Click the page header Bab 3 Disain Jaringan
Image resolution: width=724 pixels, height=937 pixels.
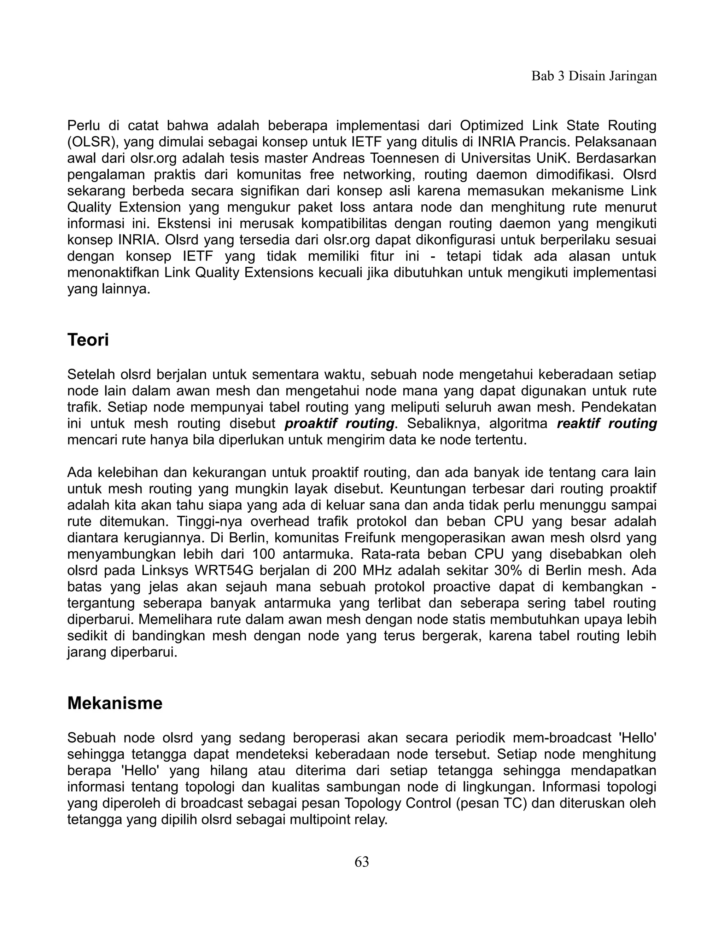click(x=594, y=76)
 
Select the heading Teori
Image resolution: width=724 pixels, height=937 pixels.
click(x=88, y=340)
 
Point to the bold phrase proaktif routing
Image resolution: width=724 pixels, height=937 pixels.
click(x=339, y=424)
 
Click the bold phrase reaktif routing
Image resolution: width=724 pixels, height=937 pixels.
click(x=607, y=424)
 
